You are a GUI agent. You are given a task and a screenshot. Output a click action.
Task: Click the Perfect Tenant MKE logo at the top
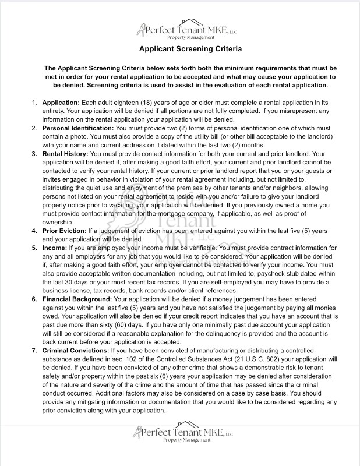(x=179, y=30)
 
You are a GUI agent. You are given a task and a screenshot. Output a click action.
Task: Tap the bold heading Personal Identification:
(x=79, y=128)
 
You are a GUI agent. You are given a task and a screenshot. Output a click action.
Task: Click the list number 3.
(x=34, y=154)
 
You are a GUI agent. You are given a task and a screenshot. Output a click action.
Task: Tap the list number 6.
(x=34, y=299)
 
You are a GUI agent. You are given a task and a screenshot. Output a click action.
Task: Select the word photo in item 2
(x=68, y=136)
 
